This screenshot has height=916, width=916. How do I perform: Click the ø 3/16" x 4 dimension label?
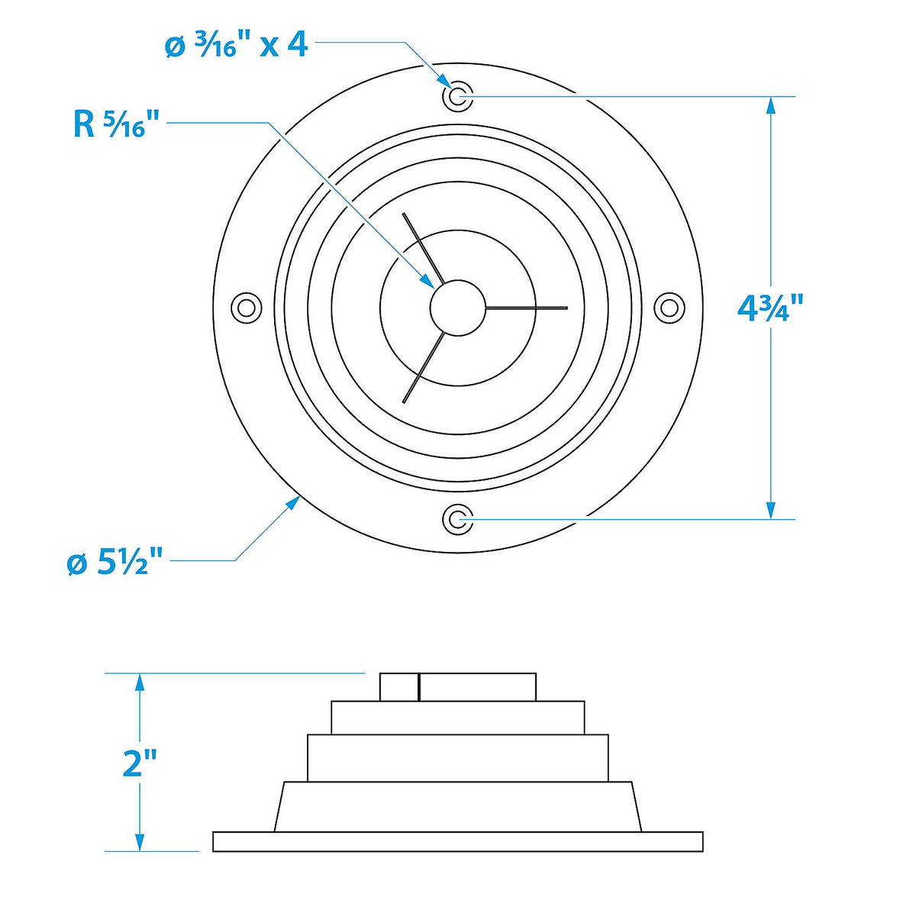click(x=236, y=47)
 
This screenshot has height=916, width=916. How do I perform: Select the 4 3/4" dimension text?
click(x=770, y=308)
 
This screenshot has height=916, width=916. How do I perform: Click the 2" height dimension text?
click(x=139, y=763)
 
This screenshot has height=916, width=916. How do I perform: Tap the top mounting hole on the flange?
click(x=457, y=96)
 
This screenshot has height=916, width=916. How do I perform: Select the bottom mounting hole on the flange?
click(x=457, y=518)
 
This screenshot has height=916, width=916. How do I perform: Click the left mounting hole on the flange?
click(x=247, y=308)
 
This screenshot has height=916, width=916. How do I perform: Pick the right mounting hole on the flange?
click(x=669, y=308)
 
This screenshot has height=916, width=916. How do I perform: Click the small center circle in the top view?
click(x=458, y=308)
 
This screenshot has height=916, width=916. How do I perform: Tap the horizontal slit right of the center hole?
click(x=527, y=308)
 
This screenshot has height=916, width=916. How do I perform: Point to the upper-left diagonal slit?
click(x=423, y=249)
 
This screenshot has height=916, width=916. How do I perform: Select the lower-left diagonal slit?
click(x=423, y=367)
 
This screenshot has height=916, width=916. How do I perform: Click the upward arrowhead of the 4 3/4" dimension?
click(x=771, y=106)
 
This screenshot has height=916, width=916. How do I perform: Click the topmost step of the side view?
click(x=458, y=687)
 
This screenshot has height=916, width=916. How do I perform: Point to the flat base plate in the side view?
click(x=458, y=841)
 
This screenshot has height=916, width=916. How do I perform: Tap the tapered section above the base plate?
click(x=458, y=806)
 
